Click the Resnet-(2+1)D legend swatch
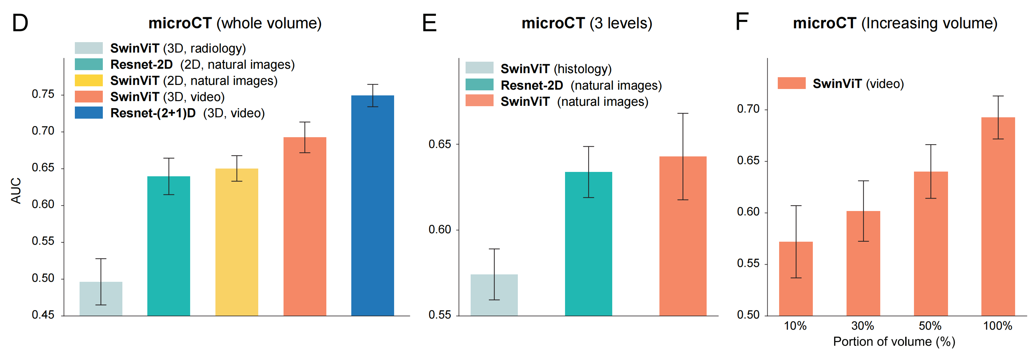click(89, 113)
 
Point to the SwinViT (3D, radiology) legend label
click(178, 48)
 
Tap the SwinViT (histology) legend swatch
click(479, 67)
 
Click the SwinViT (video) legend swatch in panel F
click(792, 83)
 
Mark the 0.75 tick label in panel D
click(43, 94)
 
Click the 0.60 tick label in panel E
click(440, 230)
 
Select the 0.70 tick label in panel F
click(748, 109)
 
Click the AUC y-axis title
click(16, 190)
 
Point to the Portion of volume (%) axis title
click(894, 341)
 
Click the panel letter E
click(429, 23)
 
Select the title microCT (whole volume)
click(235, 23)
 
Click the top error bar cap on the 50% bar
click(930, 145)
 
